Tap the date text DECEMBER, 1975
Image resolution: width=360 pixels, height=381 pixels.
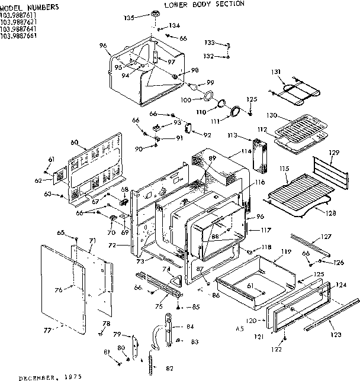(50, 376)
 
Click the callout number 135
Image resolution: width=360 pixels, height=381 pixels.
(129, 18)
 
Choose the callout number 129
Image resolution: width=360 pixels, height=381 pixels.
(335, 153)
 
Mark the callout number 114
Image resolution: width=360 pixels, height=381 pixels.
(245, 152)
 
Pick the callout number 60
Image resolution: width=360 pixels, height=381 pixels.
(75, 143)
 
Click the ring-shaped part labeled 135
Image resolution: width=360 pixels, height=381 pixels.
(156, 14)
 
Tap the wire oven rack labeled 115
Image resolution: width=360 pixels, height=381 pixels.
(296, 192)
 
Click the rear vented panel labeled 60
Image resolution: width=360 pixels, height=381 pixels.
(95, 166)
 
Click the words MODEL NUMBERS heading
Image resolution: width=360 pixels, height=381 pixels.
(30, 7)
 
